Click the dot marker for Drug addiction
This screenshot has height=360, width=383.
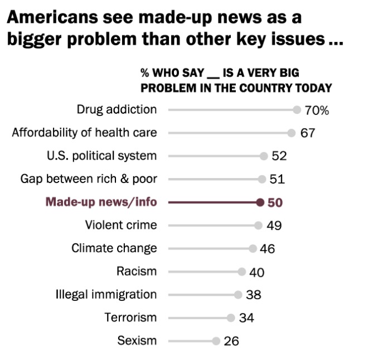[x=297, y=110]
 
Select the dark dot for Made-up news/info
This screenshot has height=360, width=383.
[x=260, y=202]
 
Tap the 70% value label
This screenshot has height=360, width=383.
[x=317, y=111]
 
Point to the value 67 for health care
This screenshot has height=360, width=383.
[x=308, y=133]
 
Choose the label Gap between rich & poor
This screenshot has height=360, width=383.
[x=89, y=179]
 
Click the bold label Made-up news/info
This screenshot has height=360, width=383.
[x=101, y=202]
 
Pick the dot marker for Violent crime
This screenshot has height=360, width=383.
[x=258, y=225]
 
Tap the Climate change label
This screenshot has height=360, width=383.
[x=114, y=248]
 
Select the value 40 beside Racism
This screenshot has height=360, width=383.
[x=257, y=272]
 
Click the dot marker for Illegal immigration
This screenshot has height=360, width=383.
[x=238, y=295]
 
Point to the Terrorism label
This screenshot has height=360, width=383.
[x=130, y=318]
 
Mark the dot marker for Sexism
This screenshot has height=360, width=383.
[x=216, y=340]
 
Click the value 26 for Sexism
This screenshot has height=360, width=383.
[x=231, y=341]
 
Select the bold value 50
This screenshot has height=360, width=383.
[x=275, y=203]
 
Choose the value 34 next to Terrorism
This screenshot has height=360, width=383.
[x=246, y=318]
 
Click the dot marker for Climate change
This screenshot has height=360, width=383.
[x=253, y=248]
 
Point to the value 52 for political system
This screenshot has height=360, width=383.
[x=279, y=156]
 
